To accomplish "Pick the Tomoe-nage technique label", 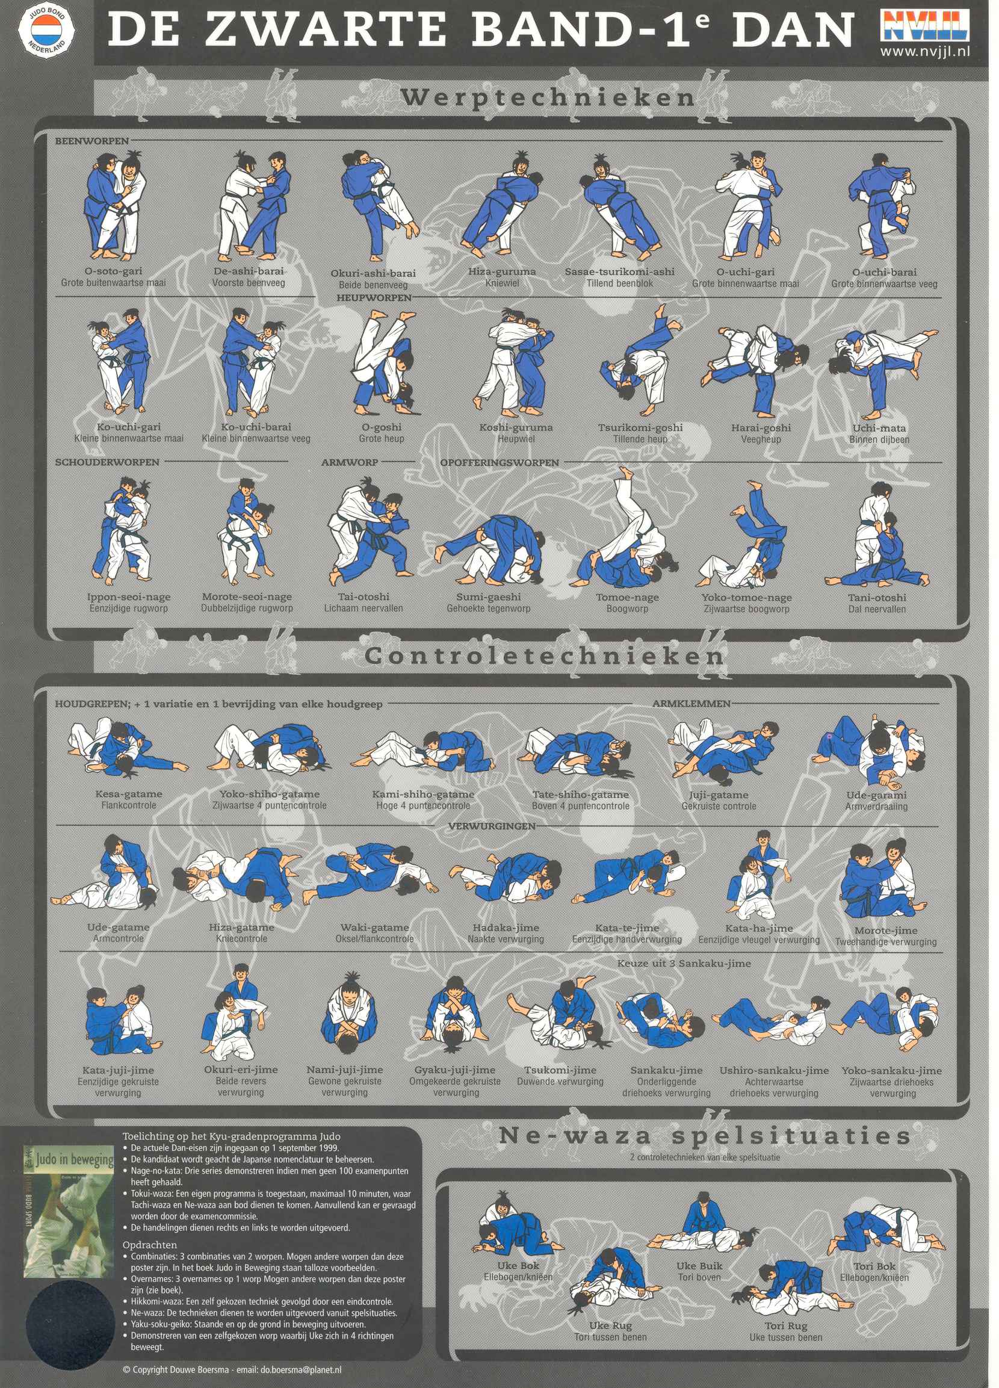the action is [627, 596].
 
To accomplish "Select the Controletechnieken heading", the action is [545, 656].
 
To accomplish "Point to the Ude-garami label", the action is [876, 795].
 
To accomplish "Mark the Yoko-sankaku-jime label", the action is [891, 1070].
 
